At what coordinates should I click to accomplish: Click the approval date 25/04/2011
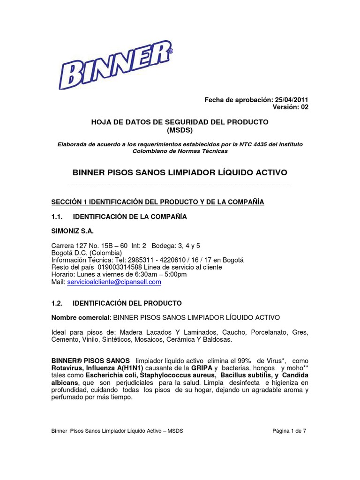coord(291,100)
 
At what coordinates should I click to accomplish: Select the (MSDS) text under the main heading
coord(180,129)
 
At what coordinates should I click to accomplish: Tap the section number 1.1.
coord(56,217)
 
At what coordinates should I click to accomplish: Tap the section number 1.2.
coord(56,303)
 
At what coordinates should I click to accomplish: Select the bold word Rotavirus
coord(68,368)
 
